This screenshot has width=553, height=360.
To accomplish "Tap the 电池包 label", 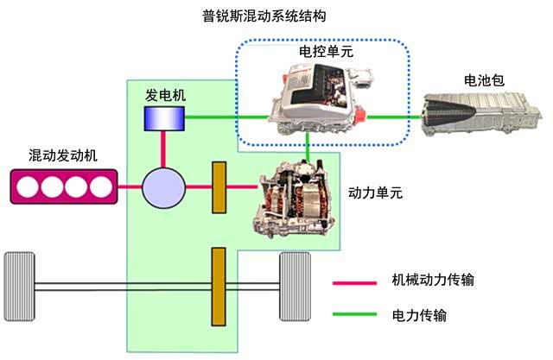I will pos(484,81).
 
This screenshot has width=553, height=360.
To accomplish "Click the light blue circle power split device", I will pos(163,186).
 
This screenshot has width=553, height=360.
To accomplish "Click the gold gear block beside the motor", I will pos(219,186).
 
